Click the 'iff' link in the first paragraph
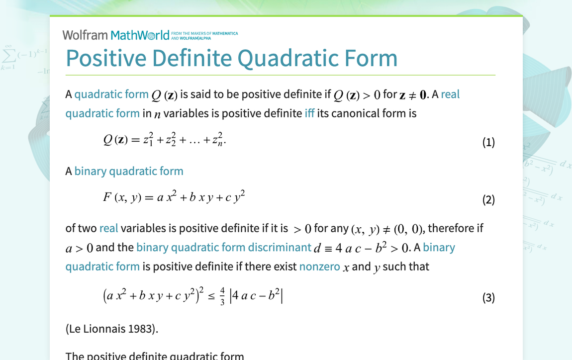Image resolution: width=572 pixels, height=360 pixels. pos(309,113)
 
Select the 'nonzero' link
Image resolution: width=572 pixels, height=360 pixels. pos(320,267)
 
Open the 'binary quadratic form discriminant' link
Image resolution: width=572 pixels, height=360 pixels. pos(224,248)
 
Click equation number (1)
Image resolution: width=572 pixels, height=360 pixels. pos(488,143)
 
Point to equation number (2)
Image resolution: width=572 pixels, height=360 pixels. pos(488,200)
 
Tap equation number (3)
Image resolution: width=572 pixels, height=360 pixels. pos(488,298)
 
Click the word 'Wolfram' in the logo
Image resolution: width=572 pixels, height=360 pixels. pos(85,35)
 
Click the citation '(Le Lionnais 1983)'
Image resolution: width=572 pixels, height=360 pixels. pos(112,329)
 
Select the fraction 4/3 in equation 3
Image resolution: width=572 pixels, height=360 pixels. pos(222,297)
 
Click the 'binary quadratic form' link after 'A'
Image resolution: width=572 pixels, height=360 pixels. pos(129,171)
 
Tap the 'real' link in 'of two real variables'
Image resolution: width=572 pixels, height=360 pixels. pos(108,228)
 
